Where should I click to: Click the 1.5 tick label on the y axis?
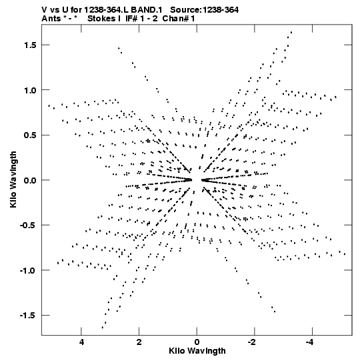tap(30, 45)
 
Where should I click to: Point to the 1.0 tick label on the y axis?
tap(30, 90)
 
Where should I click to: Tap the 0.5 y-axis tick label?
tap(30, 135)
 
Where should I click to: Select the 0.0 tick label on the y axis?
tap(30, 180)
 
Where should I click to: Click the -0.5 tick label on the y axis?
tap(28, 225)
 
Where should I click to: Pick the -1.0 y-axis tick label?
tap(28, 270)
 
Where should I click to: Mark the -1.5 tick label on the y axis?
tap(28, 316)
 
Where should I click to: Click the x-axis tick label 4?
tap(81, 342)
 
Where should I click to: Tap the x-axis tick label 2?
tap(139, 342)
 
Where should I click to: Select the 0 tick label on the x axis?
tap(197, 342)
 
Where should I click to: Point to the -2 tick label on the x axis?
tap(252, 342)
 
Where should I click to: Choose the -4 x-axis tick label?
tap(310, 342)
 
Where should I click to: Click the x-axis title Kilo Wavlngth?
tap(197, 352)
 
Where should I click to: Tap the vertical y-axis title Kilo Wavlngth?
tap(13, 179)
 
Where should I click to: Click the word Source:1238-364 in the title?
tap(204, 10)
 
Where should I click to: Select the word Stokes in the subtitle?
tap(102, 19)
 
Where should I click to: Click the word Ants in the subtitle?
tap(51, 19)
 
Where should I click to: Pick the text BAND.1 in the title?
tap(150, 10)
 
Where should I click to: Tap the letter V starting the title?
tap(45, 10)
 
